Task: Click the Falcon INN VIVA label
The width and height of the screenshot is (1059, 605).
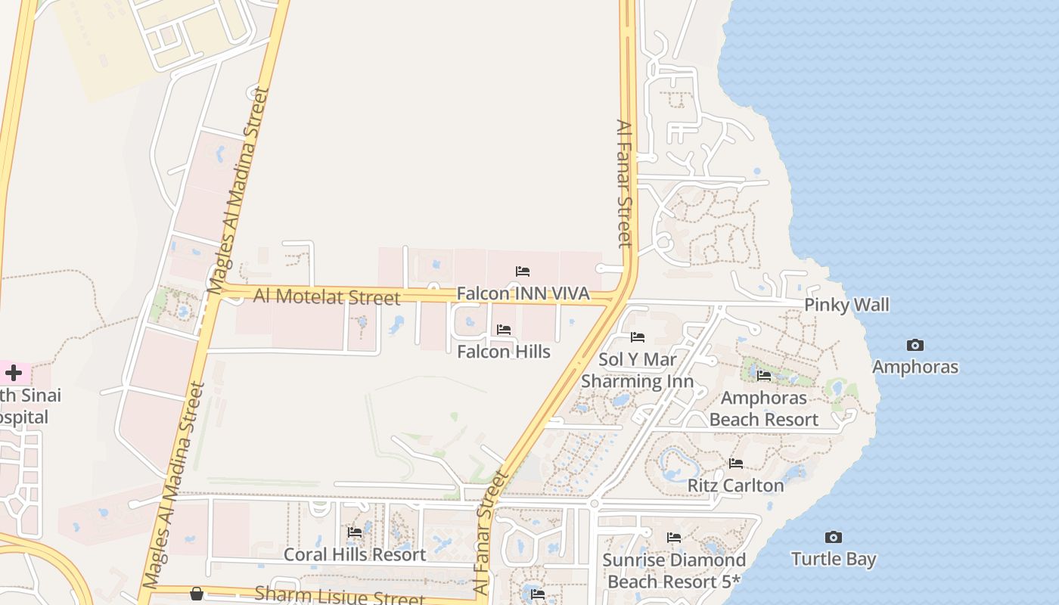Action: pyautogui.click(x=523, y=293)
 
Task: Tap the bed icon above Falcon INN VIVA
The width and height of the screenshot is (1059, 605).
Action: pyautogui.click(x=523, y=271)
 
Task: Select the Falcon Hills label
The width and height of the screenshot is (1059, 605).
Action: pyautogui.click(x=504, y=352)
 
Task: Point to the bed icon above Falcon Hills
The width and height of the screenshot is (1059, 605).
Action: pyautogui.click(x=504, y=330)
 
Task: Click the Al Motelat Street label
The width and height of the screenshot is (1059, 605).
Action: pyautogui.click(x=327, y=296)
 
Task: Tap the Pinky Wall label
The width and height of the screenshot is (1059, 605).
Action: pyautogui.click(x=846, y=305)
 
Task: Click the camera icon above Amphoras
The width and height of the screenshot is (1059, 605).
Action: pyautogui.click(x=915, y=346)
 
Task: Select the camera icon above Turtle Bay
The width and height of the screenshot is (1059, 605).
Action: pyautogui.click(x=834, y=538)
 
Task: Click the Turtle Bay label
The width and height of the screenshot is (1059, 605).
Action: pyautogui.click(x=834, y=560)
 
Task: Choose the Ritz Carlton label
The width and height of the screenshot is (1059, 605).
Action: pyautogui.click(x=735, y=486)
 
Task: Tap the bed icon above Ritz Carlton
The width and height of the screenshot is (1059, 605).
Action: pyautogui.click(x=736, y=464)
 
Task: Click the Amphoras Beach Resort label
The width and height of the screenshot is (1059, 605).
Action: pyautogui.click(x=764, y=408)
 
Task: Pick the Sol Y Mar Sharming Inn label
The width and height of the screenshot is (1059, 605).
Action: pyautogui.click(x=637, y=370)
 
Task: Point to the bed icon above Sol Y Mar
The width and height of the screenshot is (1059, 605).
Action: pyautogui.click(x=638, y=337)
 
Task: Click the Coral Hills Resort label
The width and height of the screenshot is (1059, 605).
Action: pyautogui.click(x=355, y=554)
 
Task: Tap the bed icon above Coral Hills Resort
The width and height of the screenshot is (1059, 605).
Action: pyautogui.click(x=355, y=532)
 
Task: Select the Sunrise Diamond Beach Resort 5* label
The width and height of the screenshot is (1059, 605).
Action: pyautogui.click(x=674, y=571)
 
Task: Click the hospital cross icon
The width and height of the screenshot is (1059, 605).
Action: pyautogui.click(x=14, y=373)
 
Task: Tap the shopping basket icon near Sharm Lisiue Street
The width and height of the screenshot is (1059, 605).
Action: pyautogui.click(x=197, y=594)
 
